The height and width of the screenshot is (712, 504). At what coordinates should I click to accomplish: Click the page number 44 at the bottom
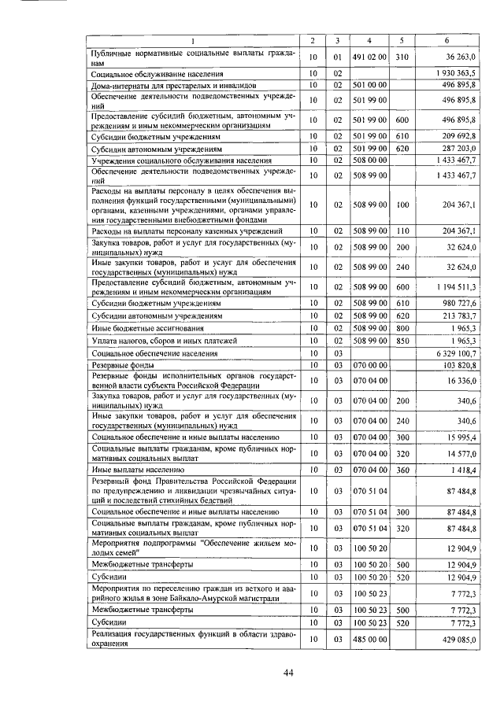tap(288, 670)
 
